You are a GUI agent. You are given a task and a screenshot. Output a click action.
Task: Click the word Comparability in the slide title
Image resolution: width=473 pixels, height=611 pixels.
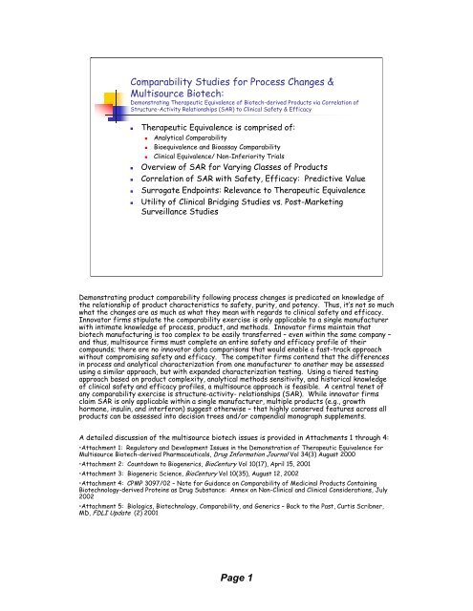164,56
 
